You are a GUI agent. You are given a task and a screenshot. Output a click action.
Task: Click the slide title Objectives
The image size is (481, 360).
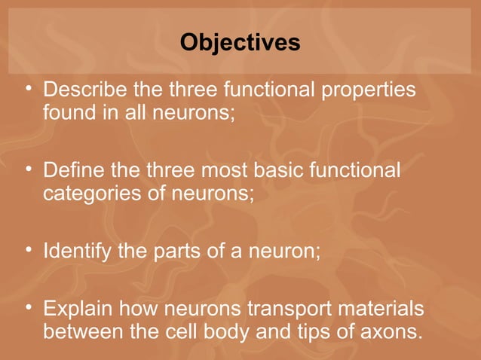click(240, 43)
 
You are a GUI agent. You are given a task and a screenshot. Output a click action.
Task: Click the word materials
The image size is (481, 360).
click(375, 309)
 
